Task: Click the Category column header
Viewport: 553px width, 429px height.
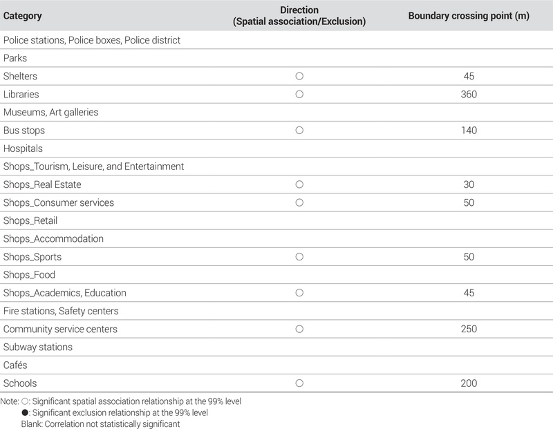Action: coord(22,16)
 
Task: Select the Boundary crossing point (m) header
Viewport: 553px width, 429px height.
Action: coord(469,16)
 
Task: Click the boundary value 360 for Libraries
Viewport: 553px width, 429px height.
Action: coord(469,94)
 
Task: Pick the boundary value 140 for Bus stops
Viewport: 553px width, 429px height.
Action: coord(469,131)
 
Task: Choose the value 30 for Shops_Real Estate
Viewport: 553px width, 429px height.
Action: coord(469,184)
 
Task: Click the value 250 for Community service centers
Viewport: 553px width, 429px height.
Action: coord(469,329)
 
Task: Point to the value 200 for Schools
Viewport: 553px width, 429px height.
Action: coord(469,383)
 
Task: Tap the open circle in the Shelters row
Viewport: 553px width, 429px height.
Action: coord(299,76)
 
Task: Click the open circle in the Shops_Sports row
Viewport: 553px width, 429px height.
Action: coord(299,257)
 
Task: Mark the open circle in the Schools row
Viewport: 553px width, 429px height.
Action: coord(299,383)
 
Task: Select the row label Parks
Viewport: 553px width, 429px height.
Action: coord(15,58)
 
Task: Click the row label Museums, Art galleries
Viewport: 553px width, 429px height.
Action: coord(51,112)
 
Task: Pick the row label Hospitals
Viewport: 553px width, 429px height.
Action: coord(23,149)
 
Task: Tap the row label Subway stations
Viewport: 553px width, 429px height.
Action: coord(38,347)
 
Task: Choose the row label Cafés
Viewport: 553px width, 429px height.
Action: coord(15,365)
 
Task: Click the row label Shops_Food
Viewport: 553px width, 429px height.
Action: coord(29,275)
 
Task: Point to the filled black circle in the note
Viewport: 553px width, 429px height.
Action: coord(25,412)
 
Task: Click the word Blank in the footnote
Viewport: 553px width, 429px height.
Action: coord(31,423)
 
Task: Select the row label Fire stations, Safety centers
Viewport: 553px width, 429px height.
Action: coord(61,311)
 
